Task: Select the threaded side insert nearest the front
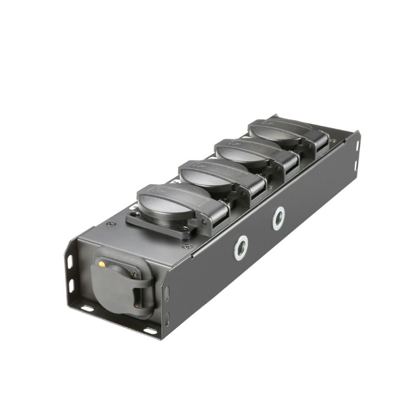point(241,247)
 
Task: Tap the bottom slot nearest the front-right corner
point(150,330)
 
